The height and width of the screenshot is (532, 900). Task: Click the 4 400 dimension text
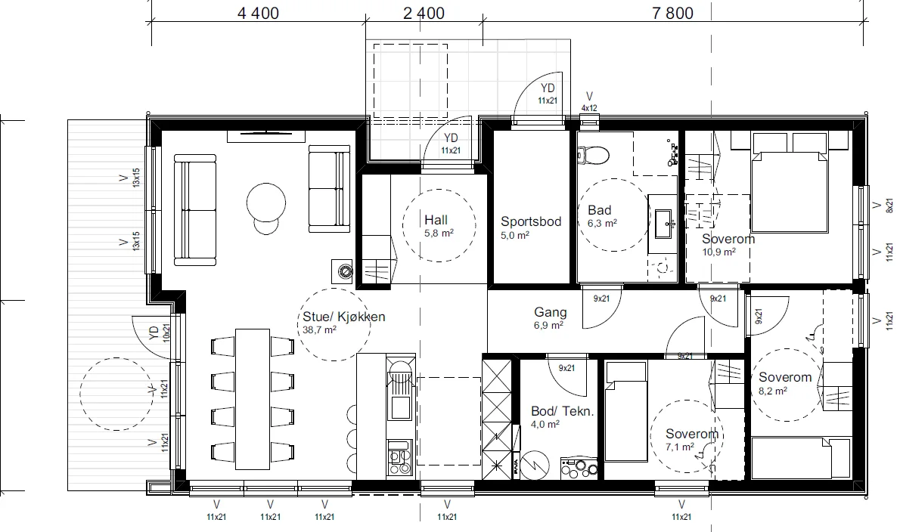tap(259, 13)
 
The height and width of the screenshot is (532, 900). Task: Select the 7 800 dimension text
tap(672, 13)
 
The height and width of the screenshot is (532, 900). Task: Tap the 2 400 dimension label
tap(424, 13)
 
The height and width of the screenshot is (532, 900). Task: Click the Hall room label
tap(436, 220)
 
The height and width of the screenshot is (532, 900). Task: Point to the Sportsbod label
tap(531, 221)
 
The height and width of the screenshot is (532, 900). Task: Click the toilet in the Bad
tap(593, 154)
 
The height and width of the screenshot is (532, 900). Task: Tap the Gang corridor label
tap(551, 312)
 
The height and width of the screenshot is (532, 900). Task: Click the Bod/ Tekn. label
tap(563, 411)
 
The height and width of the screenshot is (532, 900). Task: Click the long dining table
tap(253, 398)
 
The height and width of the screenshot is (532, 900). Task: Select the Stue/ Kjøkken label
tap(344, 317)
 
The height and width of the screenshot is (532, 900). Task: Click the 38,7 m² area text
tap(320, 330)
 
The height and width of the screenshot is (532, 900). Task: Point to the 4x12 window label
tap(589, 108)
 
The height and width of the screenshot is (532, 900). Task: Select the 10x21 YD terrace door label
tap(166, 332)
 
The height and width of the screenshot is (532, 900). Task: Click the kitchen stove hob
tap(400, 457)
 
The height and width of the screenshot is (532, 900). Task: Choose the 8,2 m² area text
tap(773, 391)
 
